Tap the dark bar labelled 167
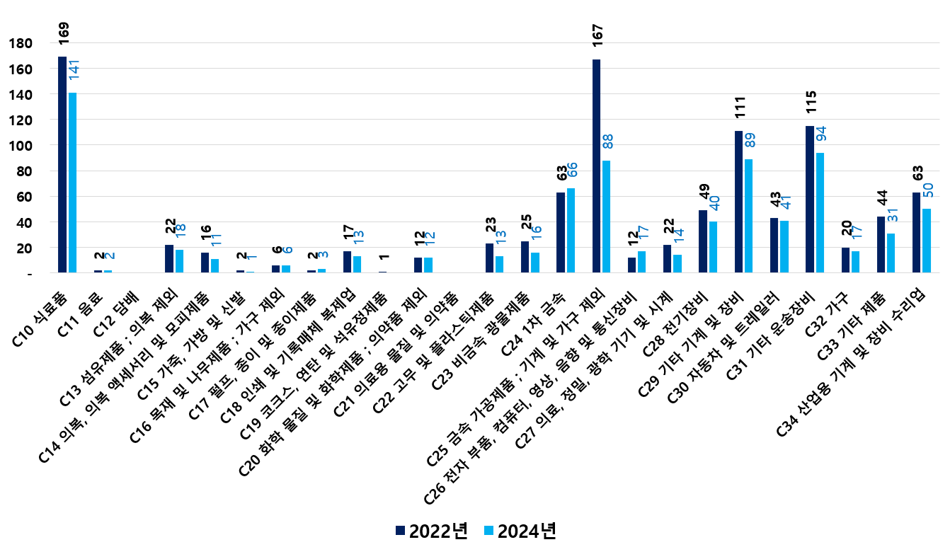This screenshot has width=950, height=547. (x=596, y=166)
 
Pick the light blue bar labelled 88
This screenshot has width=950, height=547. (x=607, y=217)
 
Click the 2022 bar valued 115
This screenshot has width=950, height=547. (x=810, y=199)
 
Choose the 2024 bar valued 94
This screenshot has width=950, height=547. (x=820, y=212)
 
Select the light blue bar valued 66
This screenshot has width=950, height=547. (x=571, y=230)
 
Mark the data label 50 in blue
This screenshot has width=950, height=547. (x=927, y=191)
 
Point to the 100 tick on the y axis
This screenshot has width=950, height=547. (x=21, y=146)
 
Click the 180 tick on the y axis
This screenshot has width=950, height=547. (x=21, y=44)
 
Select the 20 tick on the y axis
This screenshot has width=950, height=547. (x=24, y=248)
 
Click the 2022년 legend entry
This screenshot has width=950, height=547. (x=432, y=531)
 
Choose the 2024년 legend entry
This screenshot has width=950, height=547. (x=520, y=531)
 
